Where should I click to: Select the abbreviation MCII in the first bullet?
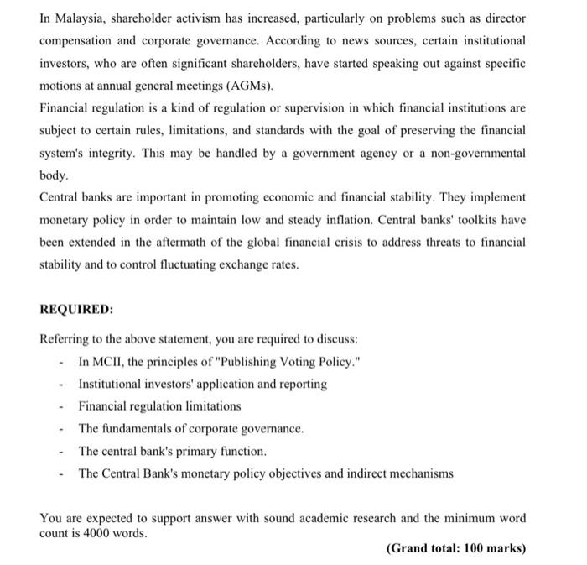tap(107, 361)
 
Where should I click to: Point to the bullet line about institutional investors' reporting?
tap(202, 384)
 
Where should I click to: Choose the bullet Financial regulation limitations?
tap(159, 406)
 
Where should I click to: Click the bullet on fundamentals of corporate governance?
tap(190, 428)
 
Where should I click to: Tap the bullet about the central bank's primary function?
tap(172, 451)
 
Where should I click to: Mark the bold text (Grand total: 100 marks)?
tap(455, 549)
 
